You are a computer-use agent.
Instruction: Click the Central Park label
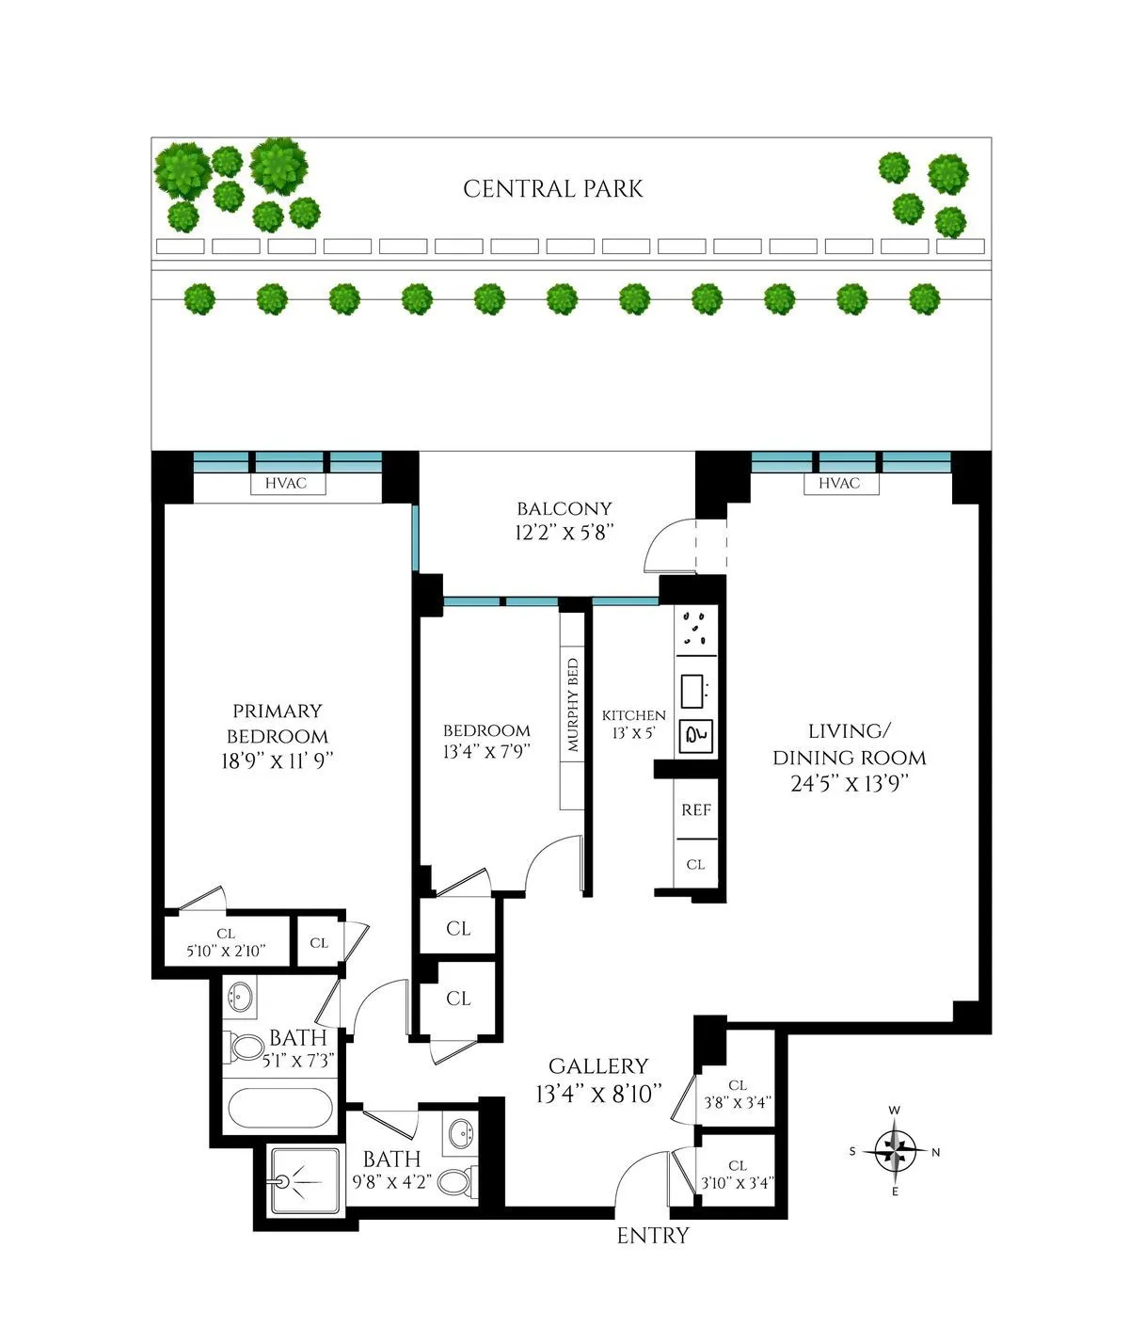point(553,189)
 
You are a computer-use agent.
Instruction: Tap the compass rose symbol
point(895,1150)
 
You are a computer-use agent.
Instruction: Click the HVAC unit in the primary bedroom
point(285,484)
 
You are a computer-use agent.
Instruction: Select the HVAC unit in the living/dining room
point(838,484)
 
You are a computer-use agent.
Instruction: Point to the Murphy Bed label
point(573,706)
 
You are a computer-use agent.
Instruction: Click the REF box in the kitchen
point(696,810)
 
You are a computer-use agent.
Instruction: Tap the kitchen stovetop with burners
point(696,629)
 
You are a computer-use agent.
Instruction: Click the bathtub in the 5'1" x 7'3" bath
point(280,1111)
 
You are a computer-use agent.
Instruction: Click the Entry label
point(653,1236)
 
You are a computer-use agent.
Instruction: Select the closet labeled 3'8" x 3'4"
point(738,1094)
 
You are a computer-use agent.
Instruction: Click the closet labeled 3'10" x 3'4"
point(738,1175)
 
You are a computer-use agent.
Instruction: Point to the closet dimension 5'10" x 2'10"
point(226,951)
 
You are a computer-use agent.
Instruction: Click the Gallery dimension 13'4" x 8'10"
point(599,1095)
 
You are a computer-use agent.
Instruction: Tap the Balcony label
point(564,509)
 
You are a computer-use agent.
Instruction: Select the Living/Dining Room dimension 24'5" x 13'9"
point(849,784)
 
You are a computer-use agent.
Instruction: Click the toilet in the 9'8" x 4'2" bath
point(458,1180)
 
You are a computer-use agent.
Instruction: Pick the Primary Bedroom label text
point(278,724)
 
